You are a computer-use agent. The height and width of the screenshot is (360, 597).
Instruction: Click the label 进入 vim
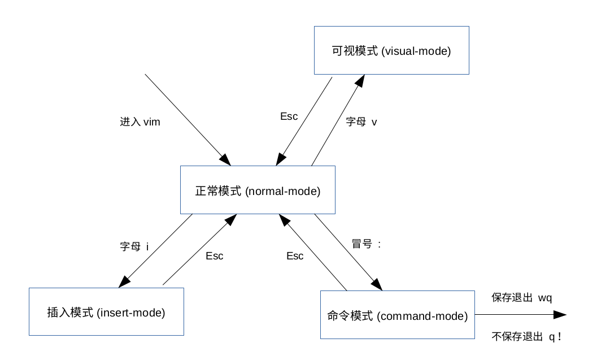[x=140, y=122]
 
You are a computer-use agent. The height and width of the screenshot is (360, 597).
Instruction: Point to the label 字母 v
[x=361, y=122]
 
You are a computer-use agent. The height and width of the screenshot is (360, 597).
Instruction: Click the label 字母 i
[x=134, y=246]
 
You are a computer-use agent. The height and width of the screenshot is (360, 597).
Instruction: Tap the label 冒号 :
[x=366, y=244]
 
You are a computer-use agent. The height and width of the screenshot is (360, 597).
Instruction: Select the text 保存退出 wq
[x=522, y=297]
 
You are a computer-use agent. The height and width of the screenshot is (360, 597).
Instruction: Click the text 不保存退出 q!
[x=526, y=336]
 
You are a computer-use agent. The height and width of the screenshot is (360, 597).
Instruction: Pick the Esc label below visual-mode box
[x=289, y=116]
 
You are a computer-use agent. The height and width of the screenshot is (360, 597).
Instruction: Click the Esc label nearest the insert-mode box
[x=215, y=256]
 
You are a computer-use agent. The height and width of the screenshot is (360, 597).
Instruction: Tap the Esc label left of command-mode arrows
[x=295, y=256]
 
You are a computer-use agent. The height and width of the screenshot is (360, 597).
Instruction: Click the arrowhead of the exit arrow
[x=560, y=315]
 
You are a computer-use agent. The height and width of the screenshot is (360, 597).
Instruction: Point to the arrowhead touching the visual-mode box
[x=360, y=80]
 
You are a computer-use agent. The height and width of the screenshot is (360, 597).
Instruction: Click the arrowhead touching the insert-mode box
[x=124, y=283]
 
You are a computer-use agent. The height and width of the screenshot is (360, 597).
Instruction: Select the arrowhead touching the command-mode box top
[x=377, y=285]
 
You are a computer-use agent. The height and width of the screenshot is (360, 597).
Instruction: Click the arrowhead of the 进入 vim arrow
[x=225, y=160]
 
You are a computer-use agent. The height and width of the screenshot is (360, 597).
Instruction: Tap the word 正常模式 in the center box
[x=218, y=190]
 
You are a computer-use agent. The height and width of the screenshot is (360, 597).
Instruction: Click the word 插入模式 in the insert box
[x=70, y=313]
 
